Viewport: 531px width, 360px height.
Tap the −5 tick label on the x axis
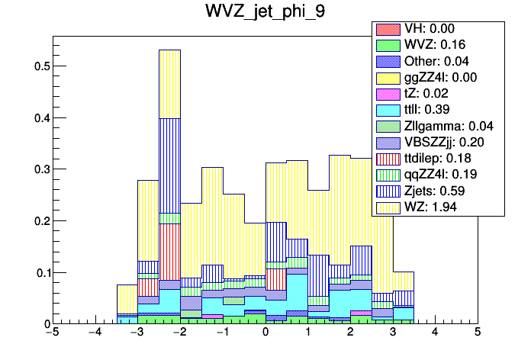[52, 333]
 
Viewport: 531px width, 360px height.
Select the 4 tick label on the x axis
[435, 333]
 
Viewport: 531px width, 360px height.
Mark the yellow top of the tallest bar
[169, 84]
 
